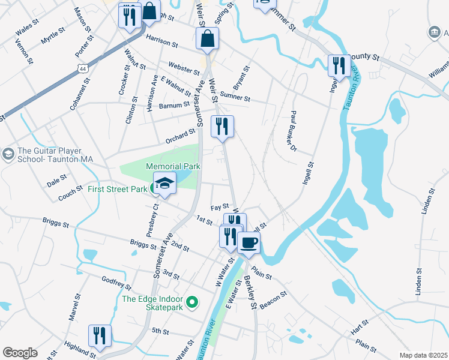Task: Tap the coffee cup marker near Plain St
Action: point(249,242)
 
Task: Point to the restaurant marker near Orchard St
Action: point(223,126)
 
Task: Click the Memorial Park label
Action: point(174,166)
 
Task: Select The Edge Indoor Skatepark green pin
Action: point(192,302)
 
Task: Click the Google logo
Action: point(20,353)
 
